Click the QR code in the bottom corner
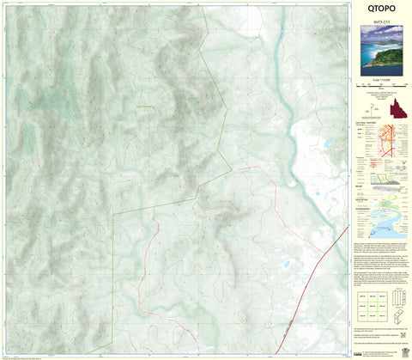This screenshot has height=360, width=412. pos(402,351)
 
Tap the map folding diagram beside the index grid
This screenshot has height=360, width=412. pos(397,302)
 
